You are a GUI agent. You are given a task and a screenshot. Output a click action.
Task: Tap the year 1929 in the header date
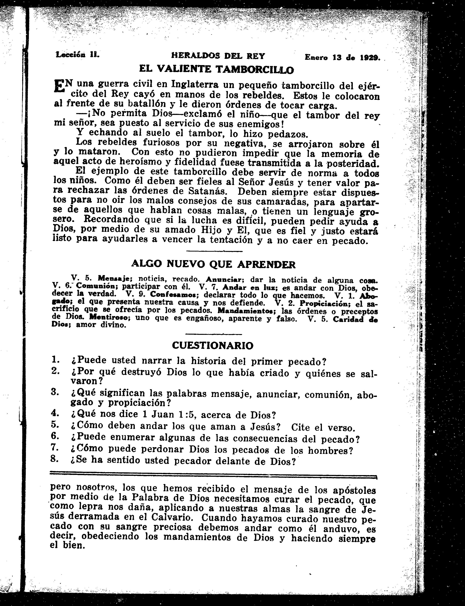click(371, 57)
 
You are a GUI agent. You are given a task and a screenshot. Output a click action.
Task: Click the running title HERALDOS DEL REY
click(218, 56)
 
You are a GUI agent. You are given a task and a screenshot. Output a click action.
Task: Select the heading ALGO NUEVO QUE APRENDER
click(213, 264)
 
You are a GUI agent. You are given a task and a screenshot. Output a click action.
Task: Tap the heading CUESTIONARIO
click(213, 345)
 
